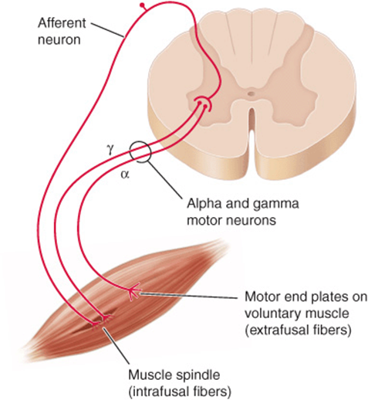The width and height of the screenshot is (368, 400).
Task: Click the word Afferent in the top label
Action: (x=62, y=23)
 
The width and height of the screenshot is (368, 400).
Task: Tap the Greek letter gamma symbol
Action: (x=110, y=150)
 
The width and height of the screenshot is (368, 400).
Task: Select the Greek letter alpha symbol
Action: (x=125, y=175)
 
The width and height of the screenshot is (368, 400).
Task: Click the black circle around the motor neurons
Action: (x=130, y=152)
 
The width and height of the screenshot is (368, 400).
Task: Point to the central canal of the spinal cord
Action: (x=251, y=93)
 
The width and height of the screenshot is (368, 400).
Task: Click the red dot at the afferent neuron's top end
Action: (x=142, y=5)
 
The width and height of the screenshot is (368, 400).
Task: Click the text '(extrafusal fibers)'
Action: (x=298, y=331)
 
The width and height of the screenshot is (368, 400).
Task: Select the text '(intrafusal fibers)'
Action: (x=179, y=392)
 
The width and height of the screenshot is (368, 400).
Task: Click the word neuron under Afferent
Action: (x=59, y=40)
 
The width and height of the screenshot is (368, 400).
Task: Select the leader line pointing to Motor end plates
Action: (x=188, y=296)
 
